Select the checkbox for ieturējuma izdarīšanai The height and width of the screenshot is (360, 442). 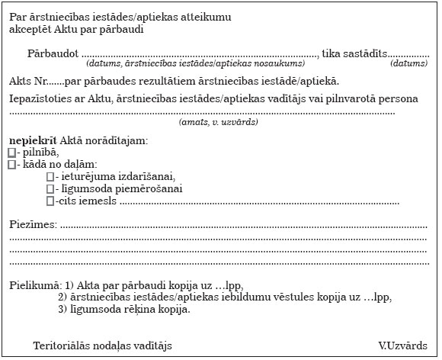point(50,177)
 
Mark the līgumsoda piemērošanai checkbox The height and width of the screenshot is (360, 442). point(50,189)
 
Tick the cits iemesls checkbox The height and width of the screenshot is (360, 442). point(50,201)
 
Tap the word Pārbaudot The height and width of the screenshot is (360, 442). point(52,54)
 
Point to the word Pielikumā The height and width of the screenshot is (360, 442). point(34,285)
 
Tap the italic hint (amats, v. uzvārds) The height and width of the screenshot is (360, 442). point(218,122)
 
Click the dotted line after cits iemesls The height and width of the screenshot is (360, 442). point(259,202)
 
